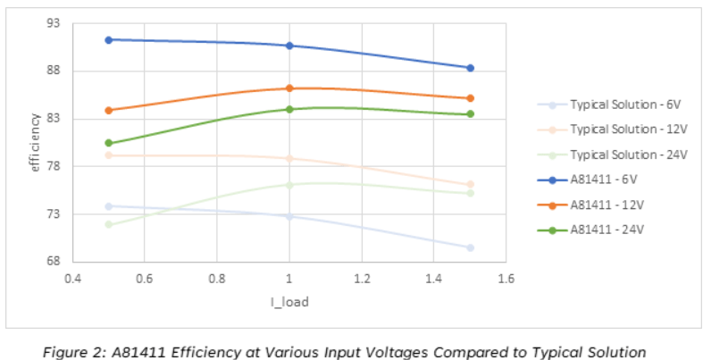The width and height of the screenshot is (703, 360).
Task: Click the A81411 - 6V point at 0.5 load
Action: tap(108, 39)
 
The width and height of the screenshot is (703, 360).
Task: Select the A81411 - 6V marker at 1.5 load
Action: tap(470, 68)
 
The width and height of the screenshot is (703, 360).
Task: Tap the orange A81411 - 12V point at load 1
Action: tap(289, 88)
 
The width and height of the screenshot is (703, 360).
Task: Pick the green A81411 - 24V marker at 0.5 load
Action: tap(108, 143)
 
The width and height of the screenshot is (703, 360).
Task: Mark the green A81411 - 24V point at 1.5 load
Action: tap(470, 114)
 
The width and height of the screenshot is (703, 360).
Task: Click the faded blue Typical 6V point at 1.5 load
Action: tap(470, 247)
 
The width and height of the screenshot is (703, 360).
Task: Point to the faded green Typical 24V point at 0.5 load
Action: tap(108, 224)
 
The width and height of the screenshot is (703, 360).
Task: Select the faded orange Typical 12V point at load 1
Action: tap(289, 159)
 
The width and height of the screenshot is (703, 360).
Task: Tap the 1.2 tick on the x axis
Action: tap(361, 278)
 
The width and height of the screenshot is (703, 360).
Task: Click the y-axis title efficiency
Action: tap(35, 142)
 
